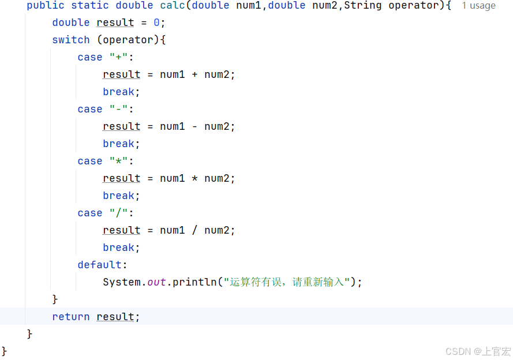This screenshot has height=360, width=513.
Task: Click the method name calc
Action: point(173,5)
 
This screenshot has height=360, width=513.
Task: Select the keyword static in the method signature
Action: point(90,5)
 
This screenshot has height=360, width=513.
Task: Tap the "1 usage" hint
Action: point(478,6)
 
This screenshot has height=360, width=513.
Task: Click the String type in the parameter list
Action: point(363,5)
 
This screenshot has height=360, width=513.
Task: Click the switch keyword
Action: point(71,40)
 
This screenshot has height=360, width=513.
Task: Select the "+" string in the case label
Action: point(121,57)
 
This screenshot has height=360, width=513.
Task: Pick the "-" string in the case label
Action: point(121,109)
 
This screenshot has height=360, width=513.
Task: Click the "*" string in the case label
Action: point(121,161)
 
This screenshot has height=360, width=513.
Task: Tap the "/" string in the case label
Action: point(121,213)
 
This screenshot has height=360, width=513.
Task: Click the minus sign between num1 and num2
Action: point(195,126)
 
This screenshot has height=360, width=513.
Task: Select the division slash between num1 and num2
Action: point(195,230)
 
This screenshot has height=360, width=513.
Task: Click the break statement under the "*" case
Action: point(121,196)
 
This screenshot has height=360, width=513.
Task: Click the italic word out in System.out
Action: point(156,282)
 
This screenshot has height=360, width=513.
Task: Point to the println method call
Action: point(194,282)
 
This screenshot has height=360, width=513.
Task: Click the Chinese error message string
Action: point(287,282)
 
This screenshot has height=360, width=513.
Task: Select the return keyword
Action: point(71,317)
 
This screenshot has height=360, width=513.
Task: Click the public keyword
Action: point(46,5)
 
